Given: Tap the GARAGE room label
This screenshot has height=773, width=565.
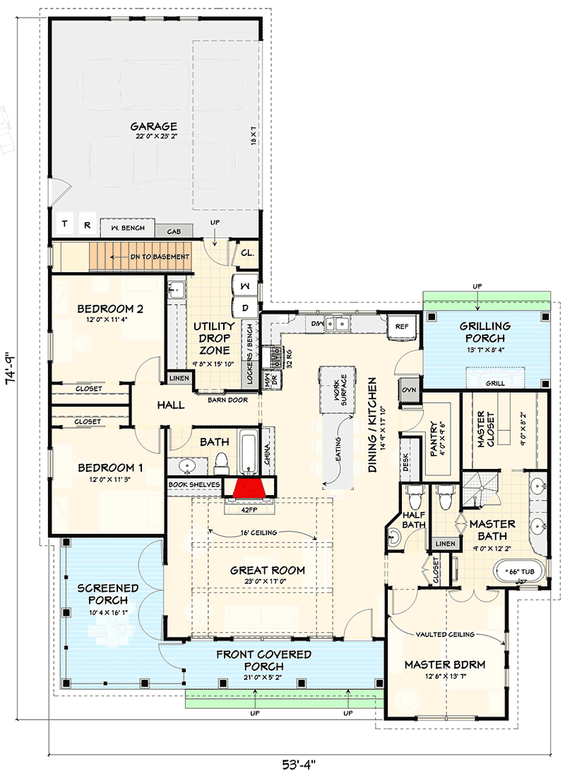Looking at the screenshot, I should coord(153,127).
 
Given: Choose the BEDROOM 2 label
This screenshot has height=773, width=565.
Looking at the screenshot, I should coord(110,309).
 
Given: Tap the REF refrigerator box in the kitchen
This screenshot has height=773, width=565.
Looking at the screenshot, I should coord(402,326).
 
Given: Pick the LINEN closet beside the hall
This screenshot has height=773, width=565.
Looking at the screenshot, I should coord(178,379).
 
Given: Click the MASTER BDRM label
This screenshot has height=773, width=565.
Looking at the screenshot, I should coord(445,664).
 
